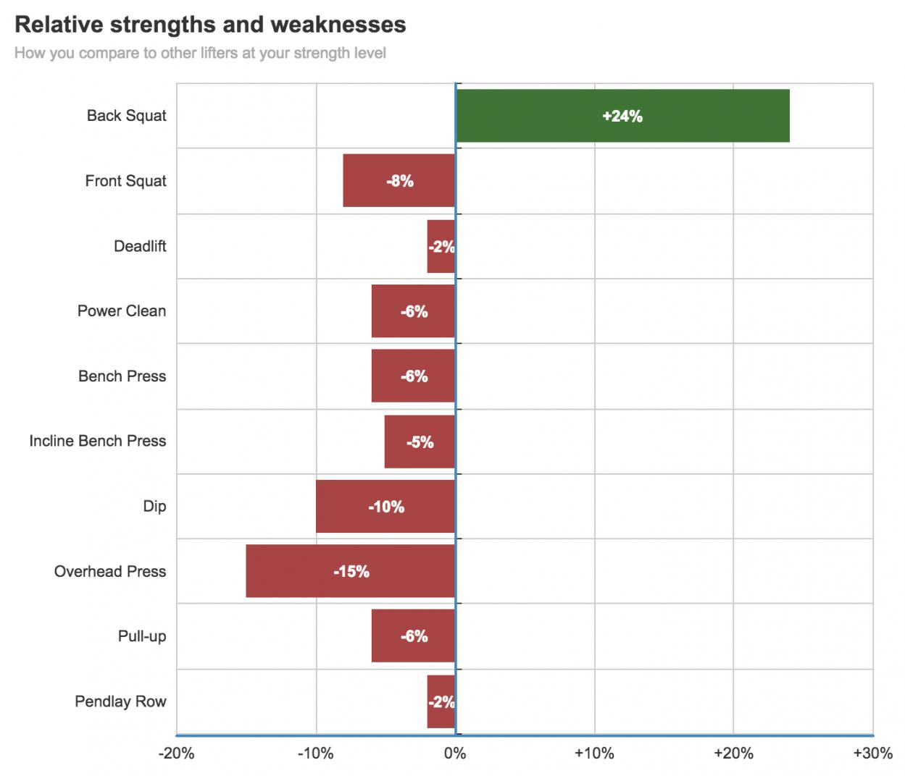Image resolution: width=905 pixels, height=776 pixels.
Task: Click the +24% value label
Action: pyautogui.click(x=622, y=116)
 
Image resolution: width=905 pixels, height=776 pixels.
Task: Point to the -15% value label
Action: pyautogui.click(x=351, y=572)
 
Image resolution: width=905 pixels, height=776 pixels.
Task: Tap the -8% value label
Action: pyautogui.click(x=400, y=181)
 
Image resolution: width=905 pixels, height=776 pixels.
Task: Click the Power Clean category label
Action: pyautogui.click(x=122, y=311)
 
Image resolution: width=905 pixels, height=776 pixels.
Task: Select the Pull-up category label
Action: pyautogui.click(x=142, y=636)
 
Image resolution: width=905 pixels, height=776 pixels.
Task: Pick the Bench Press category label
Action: pyautogui.click(x=122, y=376)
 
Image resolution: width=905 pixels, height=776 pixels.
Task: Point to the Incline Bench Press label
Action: pyautogui.click(x=97, y=442)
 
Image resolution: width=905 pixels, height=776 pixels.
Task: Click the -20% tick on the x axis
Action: pyautogui.click(x=177, y=754)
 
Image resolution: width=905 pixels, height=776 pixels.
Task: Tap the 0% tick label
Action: pyautogui.click(x=455, y=754)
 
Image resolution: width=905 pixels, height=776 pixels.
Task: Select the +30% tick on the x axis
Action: pyautogui.click(x=872, y=754)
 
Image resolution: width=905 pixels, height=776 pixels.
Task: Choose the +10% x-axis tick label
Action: pyautogui.click(x=594, y=754)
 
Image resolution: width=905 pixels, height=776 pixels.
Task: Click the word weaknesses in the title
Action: pyautogui.click(x=338, y=25)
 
